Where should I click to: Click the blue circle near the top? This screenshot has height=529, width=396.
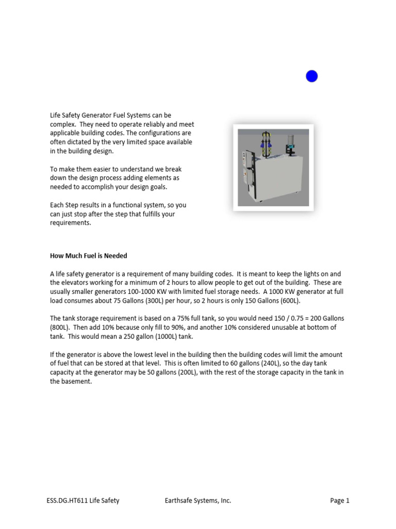tap(311, 76)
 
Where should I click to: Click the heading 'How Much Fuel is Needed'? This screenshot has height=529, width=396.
tap(88, 256)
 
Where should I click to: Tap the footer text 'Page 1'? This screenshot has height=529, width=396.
tap(340, 501)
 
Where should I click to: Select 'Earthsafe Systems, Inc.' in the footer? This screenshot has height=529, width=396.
tap(198, 501)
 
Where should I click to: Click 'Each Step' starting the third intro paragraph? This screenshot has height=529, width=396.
tap(63, 205)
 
